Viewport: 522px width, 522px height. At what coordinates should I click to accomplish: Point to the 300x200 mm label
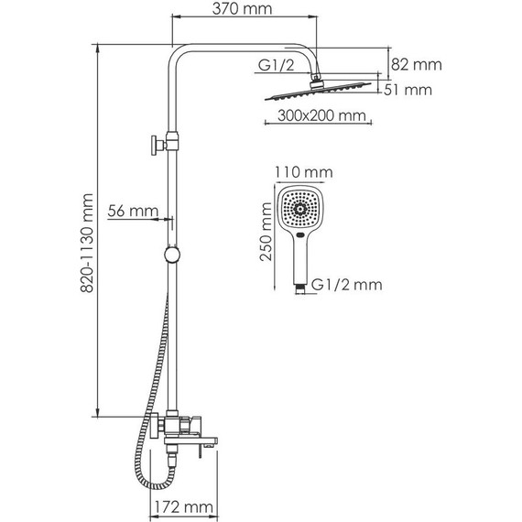click(x=314, y=116)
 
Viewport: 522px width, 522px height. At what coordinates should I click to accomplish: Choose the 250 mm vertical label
click(x=266, y=233)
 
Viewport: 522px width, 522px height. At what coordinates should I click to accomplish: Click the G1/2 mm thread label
click(x=345, y=285)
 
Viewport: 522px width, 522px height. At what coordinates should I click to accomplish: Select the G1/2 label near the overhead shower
click(x=276, y=66)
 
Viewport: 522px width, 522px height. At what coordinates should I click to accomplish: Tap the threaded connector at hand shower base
click(x=299, y=287)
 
